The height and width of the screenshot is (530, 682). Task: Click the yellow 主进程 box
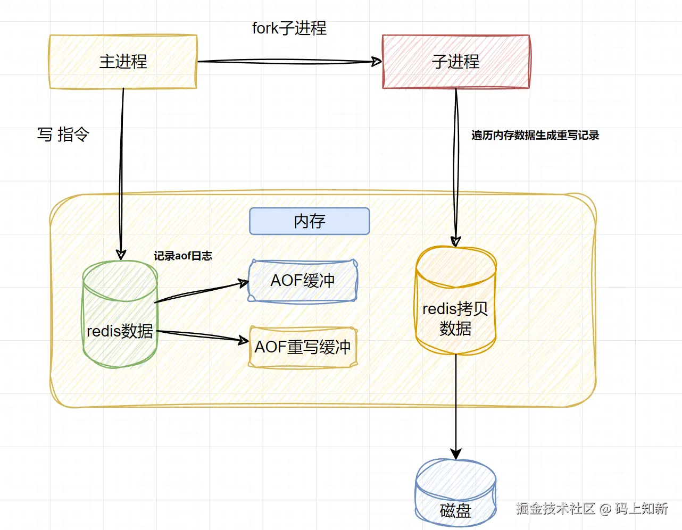click(x=123, y=62)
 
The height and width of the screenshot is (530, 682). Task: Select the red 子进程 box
click(x=456, y=62)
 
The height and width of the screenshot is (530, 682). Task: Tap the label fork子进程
click(x=289, y=28)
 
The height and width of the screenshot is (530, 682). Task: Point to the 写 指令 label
click(x=63, y=134)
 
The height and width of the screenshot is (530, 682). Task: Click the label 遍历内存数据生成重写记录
click(x=535, y=136)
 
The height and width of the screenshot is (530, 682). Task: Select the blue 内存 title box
click(x=309, y=221)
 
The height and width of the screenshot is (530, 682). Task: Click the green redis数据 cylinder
click(x=120, y=319)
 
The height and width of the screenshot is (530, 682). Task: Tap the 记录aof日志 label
click(x=182, y=256)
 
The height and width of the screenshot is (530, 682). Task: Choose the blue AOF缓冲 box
click(x=303, y=281)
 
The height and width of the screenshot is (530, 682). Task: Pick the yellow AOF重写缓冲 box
click(x=303, y=347)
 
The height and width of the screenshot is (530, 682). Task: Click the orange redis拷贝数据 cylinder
click(x=455, y=308)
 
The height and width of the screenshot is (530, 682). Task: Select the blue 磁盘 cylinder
click(x=455, y=494)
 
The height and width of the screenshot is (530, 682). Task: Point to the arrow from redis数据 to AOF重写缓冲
click(x=202, y=335)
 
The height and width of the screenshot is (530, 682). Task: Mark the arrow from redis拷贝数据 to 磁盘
click(x=455, y=404)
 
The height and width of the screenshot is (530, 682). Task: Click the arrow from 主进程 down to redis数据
click(x=122, y=170)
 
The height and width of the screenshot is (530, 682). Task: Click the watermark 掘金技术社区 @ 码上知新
click(x=591, y=509)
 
